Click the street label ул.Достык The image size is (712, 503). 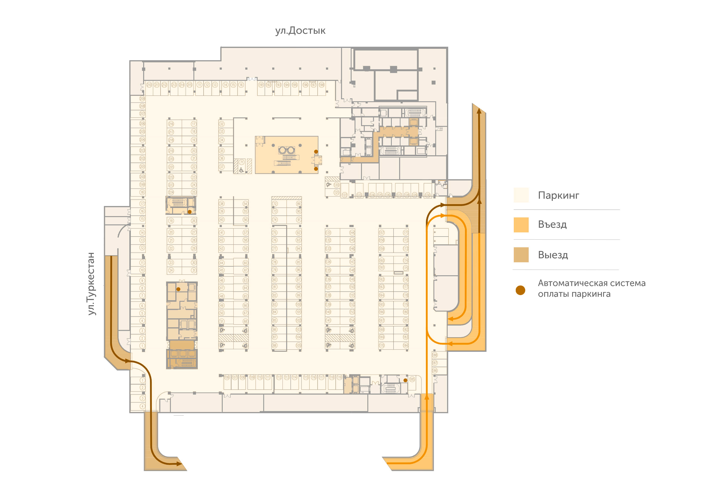(x=300, y=31)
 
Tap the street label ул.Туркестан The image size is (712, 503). (x=91, y=284)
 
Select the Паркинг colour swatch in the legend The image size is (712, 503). (x=521, y=195)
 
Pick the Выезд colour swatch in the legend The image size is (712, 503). (x=521, y=255)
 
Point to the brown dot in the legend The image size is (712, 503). (x=520, y=290)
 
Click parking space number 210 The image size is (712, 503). (x=149, y=85)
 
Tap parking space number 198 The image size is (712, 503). (x=322, y=85)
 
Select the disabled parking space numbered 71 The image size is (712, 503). (x=242, y=162)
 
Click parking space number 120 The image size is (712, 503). (x=336, y=185)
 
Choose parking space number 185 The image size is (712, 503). (x=412, y=379)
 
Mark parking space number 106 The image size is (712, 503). (x=227, y=377)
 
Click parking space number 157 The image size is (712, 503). (x=382, y=232)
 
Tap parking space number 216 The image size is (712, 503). (x=171, y=124)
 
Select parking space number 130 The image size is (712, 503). (x=428, y=195)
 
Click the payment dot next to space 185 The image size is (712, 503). (x=405, y=380)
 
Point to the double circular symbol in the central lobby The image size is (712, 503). (x=287, y=150)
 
